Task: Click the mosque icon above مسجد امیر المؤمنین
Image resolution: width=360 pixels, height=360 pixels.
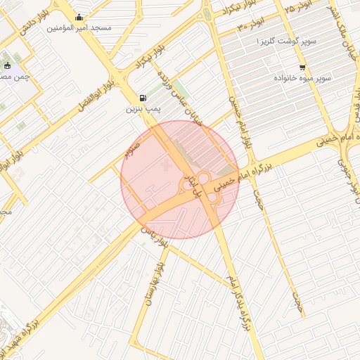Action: (x=79, y=18)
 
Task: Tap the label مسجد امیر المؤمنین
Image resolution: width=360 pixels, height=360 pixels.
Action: (x=79, y=28)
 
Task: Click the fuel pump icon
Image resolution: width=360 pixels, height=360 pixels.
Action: (x=143, y=98)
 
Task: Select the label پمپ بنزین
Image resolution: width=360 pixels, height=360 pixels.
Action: (x=143, y=110)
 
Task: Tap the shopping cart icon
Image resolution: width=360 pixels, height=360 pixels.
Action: (x=302, y=68)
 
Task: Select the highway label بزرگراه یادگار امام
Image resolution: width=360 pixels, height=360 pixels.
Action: (x=238, y=302)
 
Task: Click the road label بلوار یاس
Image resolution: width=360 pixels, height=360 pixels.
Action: (x=156, y=236)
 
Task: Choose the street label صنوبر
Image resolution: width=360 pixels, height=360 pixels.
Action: (x=131, y=148)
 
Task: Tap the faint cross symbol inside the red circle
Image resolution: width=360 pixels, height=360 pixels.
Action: (x=166, y=165)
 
